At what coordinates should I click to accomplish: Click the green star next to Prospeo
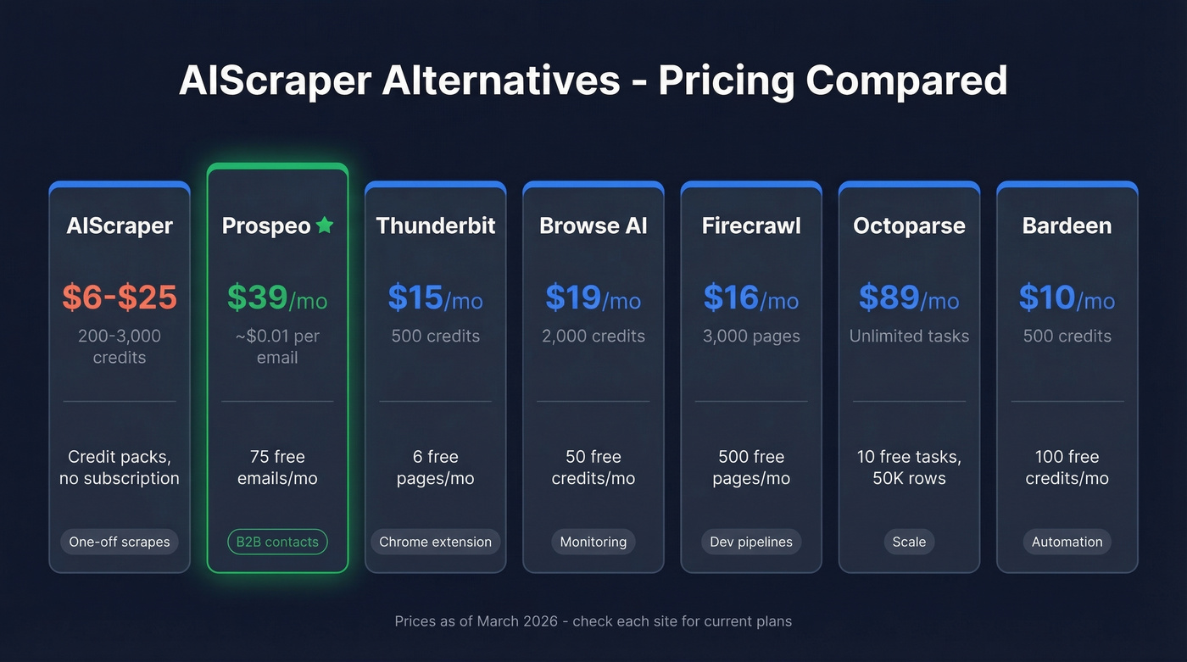pyautogui.click(x=325, y=225)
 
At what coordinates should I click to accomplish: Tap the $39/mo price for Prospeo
pyautogui.click(x=277, y=298)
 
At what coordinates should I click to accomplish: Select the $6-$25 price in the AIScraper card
pyautogui.click(x=120, y=298)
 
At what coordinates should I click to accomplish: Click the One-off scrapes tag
pyautogui.click(x=120, y=542)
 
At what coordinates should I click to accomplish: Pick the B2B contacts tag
pyautogui.click(x=277, y=542)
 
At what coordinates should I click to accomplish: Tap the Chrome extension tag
pyautogui.click(x=435, y=542)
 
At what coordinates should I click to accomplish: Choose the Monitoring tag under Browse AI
pyautogui.click(x=593, y=542)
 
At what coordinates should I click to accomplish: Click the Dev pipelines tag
pyautogui.click(x=751, y=542)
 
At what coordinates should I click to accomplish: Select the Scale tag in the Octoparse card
pyautogui.click(x=909, y=542)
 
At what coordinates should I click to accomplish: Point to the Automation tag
pyautogui.click(x=1067, y=542)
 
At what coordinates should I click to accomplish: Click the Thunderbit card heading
pyautogui.click(x=435, y=225)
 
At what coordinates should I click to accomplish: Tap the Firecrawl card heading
pyautogui.click(x=751, y=225)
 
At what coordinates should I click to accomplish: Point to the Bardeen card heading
pyautogui.click(x=1067, y=225)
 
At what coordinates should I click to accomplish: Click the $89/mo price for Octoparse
pyautogui.click(x=909, y=298)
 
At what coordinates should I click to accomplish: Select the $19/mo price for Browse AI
pyautogui.click(x=593, y=298)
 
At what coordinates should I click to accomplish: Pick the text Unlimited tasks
pyautogui.click(x=909, y=337)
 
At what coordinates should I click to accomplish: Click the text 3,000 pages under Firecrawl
pyautogui.click(x=751, y=337)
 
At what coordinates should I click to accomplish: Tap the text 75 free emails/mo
pyautogui.click(x=277, y=468)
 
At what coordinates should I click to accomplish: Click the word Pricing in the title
pyautogui.click(x=727, y=81)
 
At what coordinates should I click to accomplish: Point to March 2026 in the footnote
pyautogui.click(x=517, y=621)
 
